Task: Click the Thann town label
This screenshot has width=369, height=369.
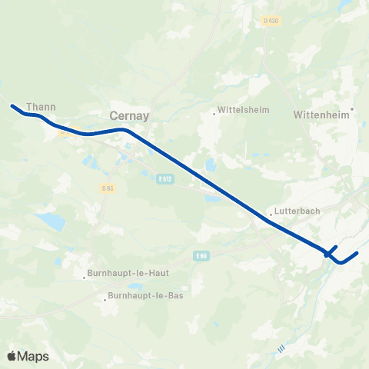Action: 38,108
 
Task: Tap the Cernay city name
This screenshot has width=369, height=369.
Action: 129,115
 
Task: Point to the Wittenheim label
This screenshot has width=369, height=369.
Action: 321,115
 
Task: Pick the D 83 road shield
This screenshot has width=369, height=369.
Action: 107,188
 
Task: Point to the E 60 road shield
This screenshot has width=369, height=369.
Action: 201,255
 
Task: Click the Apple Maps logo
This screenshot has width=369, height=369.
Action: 28,356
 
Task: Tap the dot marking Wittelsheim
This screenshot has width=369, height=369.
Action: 214,114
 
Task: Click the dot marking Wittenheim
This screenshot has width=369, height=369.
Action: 352,108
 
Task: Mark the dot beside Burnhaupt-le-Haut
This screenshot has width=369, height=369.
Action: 85,278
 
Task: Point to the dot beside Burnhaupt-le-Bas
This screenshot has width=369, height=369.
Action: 105,300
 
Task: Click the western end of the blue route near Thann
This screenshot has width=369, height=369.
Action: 12,105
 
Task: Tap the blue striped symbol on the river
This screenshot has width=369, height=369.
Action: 281,349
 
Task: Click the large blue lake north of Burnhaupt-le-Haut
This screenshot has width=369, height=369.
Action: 49,222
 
